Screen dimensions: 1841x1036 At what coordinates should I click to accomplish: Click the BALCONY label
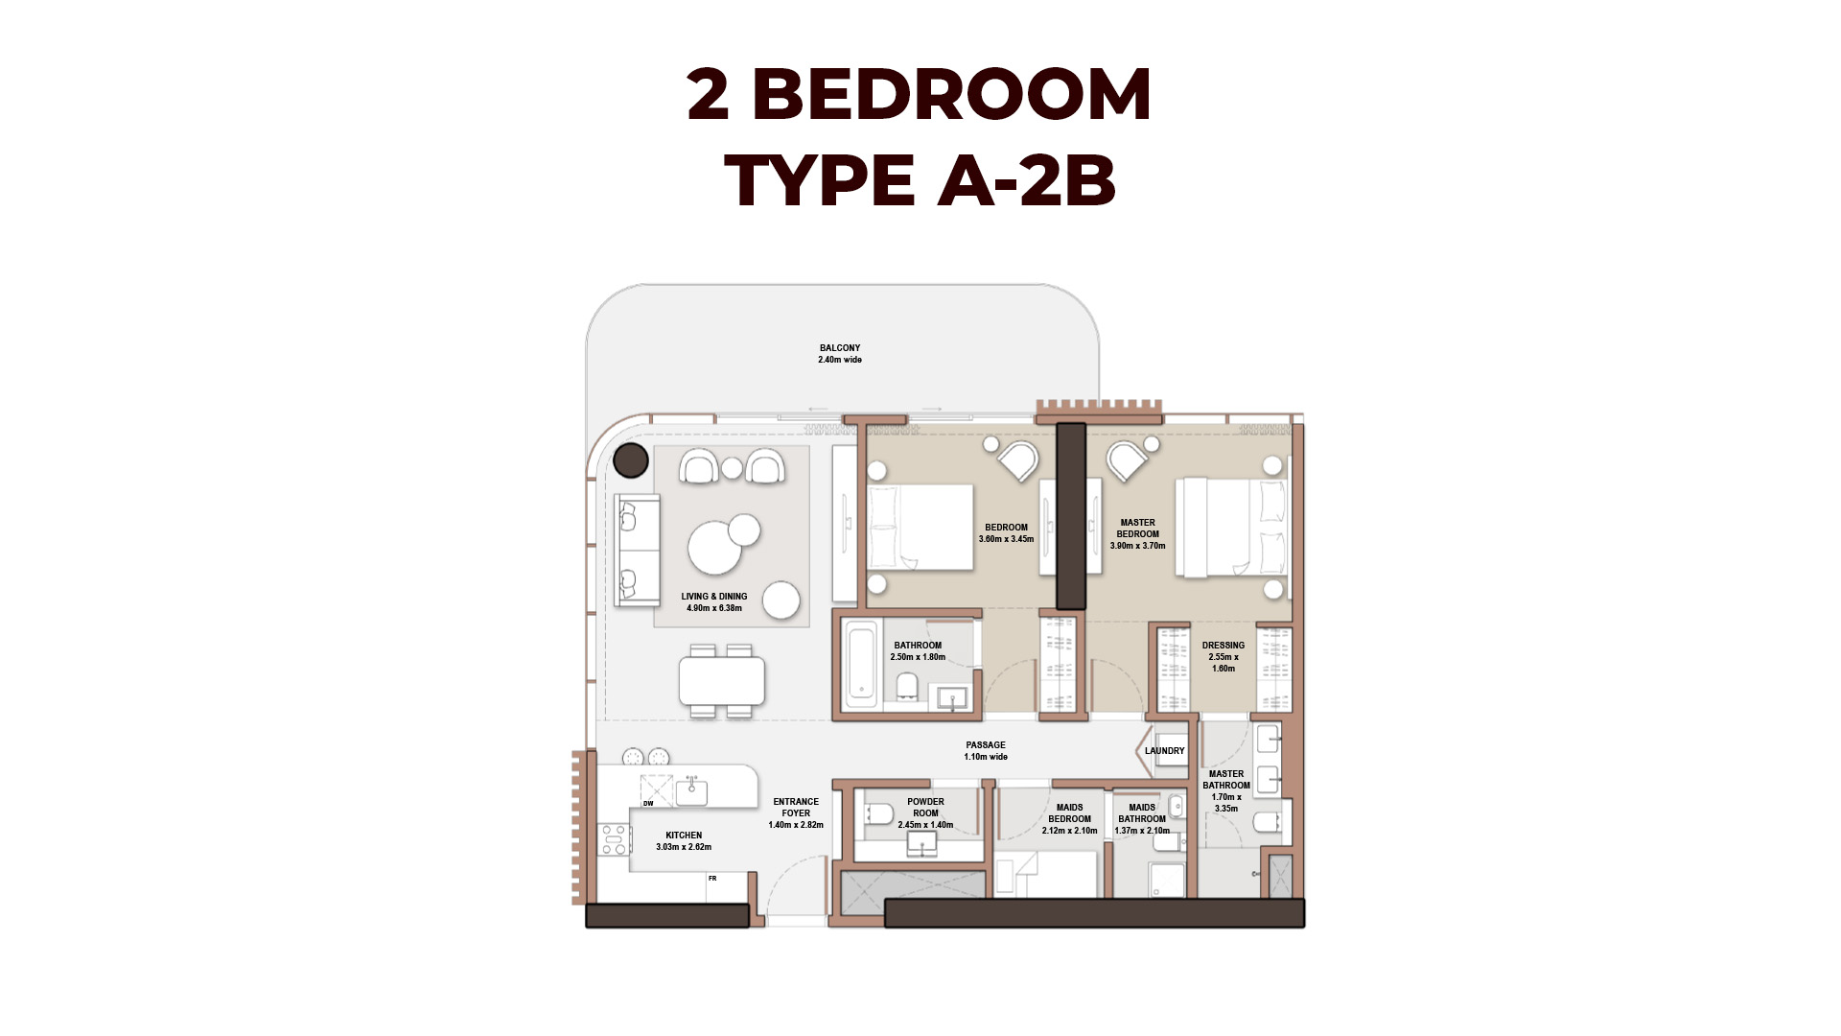[840, 348]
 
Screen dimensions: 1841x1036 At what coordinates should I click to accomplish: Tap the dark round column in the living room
[631, 460]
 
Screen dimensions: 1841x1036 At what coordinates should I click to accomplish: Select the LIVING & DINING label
[714, 597]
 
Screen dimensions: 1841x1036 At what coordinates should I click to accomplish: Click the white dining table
[722, 681]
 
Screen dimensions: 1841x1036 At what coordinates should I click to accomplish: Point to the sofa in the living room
[638, 550]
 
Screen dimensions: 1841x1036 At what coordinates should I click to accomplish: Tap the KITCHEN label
[684, 836]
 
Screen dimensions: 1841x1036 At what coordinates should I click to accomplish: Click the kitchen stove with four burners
[614, 839]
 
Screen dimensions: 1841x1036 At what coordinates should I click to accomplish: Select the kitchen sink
[691, 792]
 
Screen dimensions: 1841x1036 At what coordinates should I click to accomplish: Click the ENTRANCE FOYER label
[796, 808]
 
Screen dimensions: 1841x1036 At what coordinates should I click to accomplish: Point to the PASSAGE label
[986, 745]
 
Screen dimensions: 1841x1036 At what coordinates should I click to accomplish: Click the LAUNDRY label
[1165, 751]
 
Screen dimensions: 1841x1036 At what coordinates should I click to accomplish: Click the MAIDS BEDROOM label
[1070, 813]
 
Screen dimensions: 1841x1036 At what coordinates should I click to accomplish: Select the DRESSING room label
[1223, 646]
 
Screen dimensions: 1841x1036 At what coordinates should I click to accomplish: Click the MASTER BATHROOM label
[1226, 780]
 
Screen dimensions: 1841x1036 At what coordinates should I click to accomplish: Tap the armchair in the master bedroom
[1128, 461]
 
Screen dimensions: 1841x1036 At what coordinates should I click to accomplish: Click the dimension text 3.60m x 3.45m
[1007, 539]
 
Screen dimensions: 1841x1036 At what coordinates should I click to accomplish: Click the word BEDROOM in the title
[951, 95]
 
